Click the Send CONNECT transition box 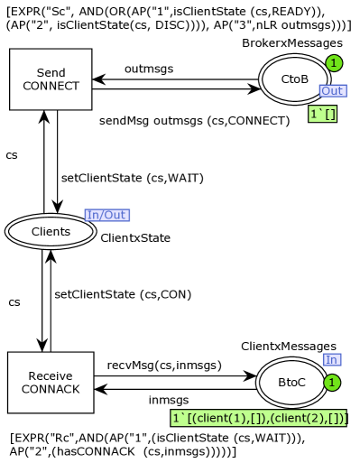(x=51, y=79)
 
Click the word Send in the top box (x=51, y=73)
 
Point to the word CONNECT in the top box (x=51, y=87)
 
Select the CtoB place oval (x=294, y=79)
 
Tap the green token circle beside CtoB (x=334, y=63)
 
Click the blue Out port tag (x=332, y=91)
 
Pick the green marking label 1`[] (x=322, y=115)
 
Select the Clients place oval (x=51, y=232)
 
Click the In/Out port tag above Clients (x=106, y=215)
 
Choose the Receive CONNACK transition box (x=51, y=383)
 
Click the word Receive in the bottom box (x=51, y=376)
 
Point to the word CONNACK (x=51, y=390)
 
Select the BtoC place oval (x=291, y=383)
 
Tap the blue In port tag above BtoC (x=331, y=360)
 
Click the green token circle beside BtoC (x=331, y=383)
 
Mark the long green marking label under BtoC (x=259, y=419)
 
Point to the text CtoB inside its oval (x=294, y=79)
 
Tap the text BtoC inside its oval (x=291, y=383)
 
